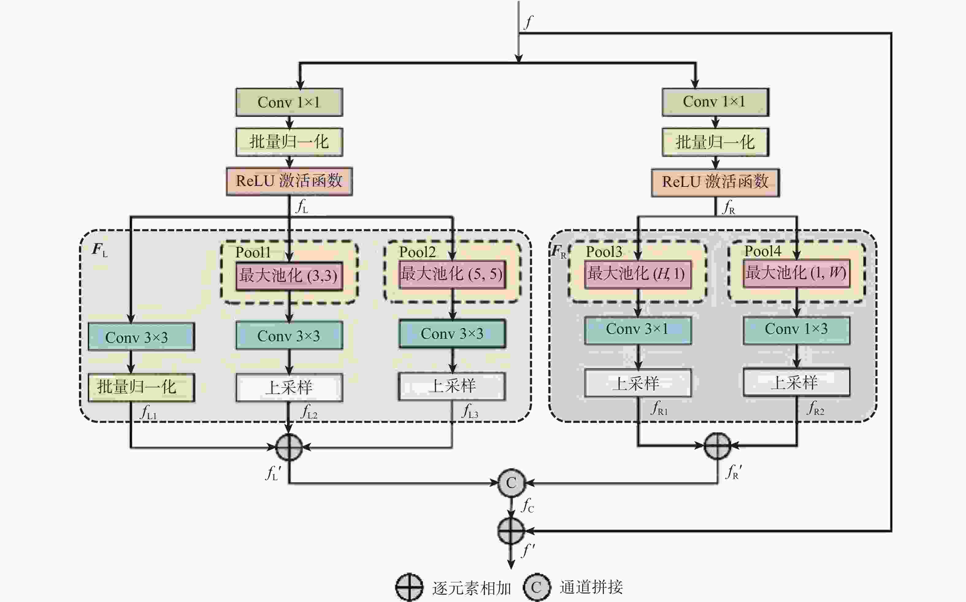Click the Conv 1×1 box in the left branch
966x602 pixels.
289,102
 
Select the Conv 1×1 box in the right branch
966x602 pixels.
715,102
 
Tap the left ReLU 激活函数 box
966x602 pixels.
289,181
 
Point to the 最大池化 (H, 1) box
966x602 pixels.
637,274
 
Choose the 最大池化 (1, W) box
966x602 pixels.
796,273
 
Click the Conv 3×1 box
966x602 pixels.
637,330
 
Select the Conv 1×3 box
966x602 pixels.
796,330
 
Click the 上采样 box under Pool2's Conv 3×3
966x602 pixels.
452,386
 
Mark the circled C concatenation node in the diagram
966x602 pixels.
511,483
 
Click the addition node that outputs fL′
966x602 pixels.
289,447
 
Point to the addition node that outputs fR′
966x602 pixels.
717,446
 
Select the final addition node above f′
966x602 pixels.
511,531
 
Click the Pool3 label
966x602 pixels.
604,252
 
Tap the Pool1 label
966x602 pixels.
253,252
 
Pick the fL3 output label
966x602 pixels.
470,411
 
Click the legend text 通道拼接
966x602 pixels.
591,587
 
